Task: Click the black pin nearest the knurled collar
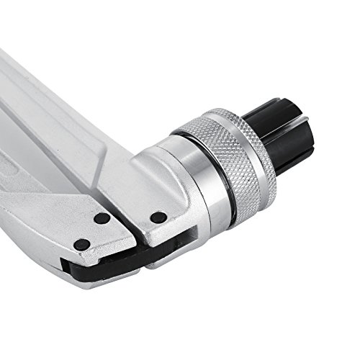coord(157,217)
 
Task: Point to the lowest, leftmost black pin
coord(82,245)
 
